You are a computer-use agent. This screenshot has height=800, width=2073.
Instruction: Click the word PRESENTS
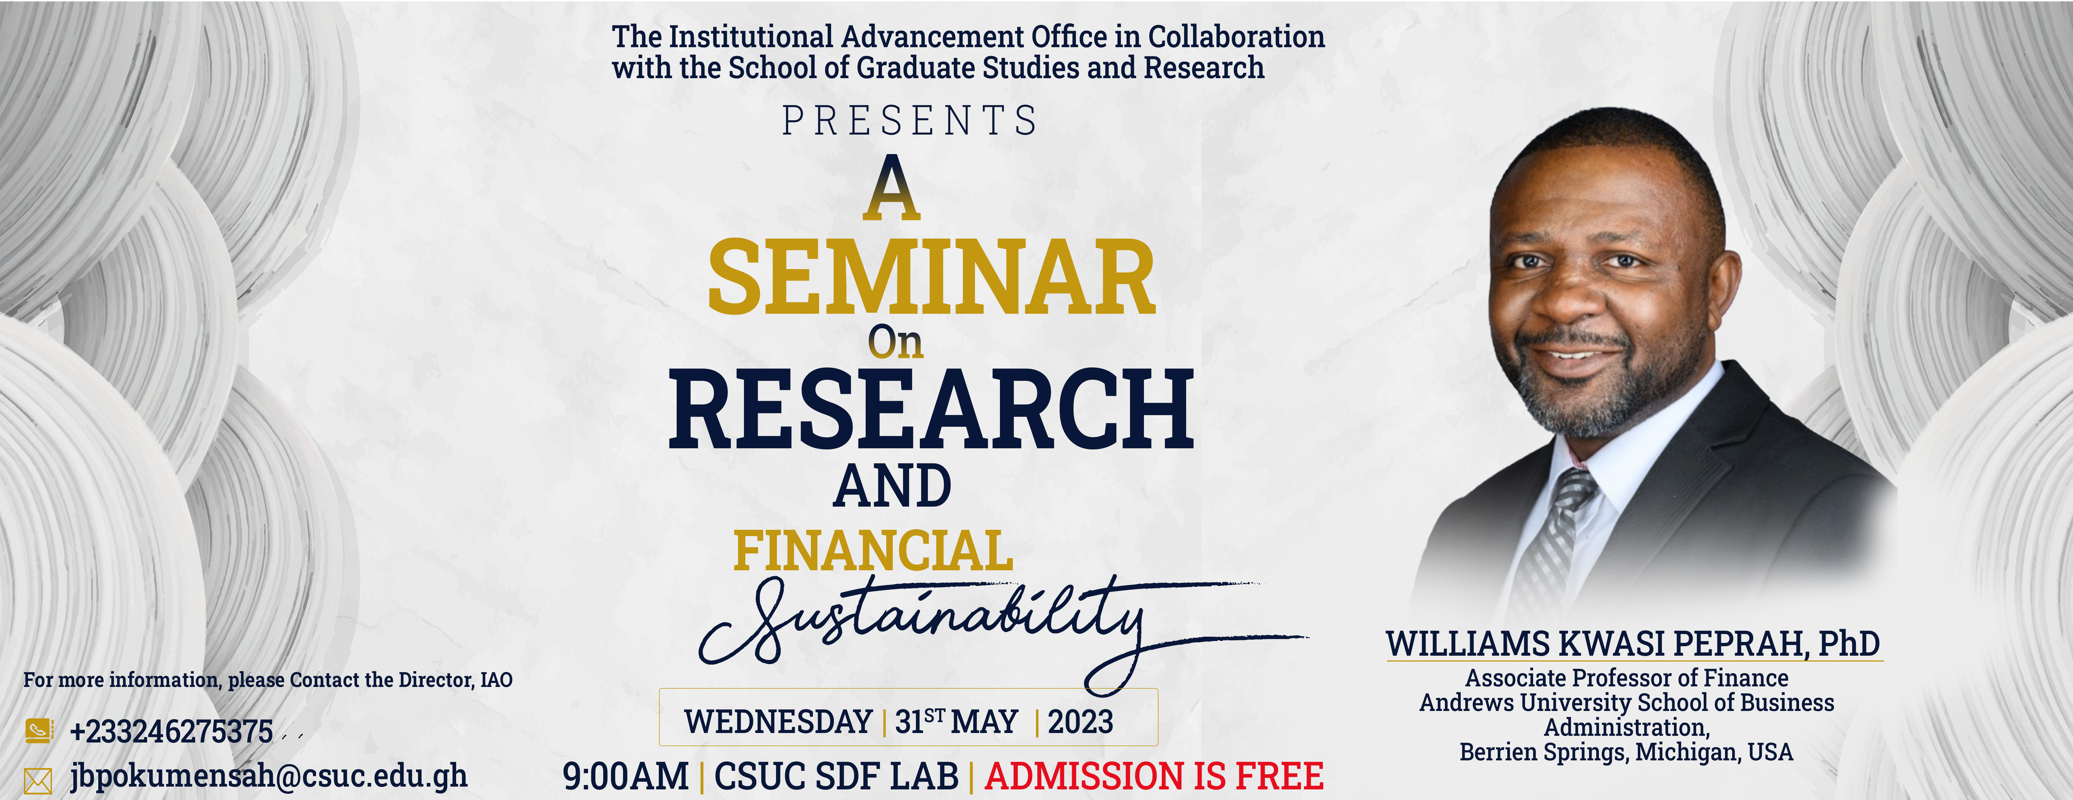click(910, 121)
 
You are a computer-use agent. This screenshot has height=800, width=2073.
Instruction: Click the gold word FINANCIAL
click(873, 551)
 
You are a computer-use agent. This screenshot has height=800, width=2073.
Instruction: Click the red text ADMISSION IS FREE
click(1154, 776)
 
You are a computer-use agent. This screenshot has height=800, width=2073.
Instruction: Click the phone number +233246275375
click(171, 732)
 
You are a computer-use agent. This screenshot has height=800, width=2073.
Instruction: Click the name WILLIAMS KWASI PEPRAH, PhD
click(1633, 644)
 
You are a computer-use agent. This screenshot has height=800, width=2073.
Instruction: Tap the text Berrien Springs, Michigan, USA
click(1626, 752)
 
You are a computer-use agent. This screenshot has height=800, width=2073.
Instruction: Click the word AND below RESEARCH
click(892, 486)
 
